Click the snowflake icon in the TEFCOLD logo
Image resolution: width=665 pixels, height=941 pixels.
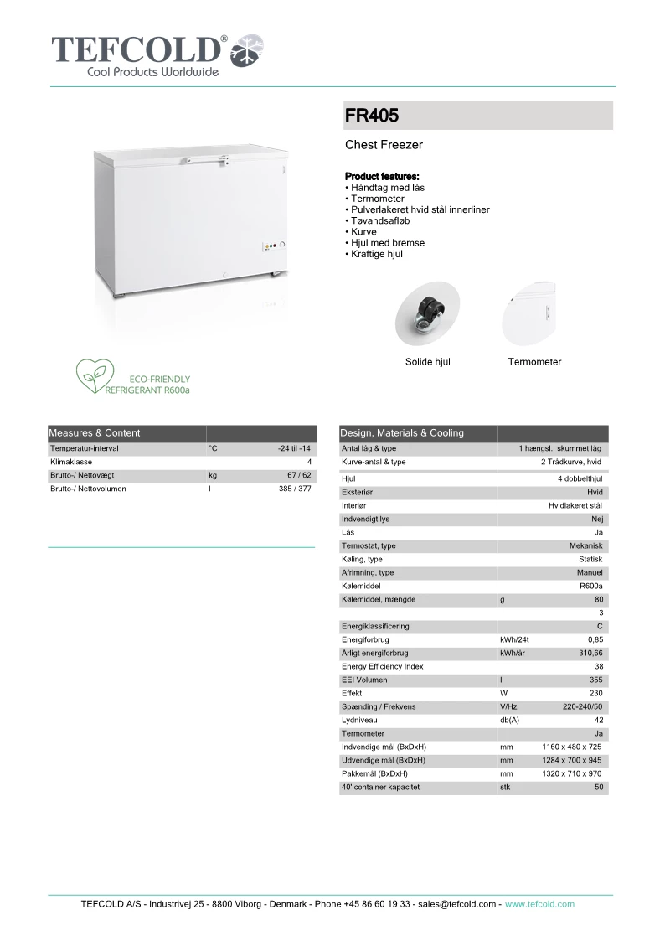click(248, 51)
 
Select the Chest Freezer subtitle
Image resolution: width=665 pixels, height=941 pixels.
click(384, 145)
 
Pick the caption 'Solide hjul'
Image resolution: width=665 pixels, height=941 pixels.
click(427, 362)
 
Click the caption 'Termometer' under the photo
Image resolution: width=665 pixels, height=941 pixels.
click(534, 362)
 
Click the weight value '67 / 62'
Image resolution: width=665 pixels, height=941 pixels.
click(299, 475)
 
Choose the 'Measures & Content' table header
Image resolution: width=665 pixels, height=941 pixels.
click(95, 433)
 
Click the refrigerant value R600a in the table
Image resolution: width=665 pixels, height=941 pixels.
click(590, 587)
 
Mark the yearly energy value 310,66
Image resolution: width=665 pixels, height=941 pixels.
click(589, 654)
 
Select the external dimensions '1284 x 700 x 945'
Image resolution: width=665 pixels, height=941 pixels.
click(572, 761)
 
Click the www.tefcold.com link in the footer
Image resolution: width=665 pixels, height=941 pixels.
click(539, 904)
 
